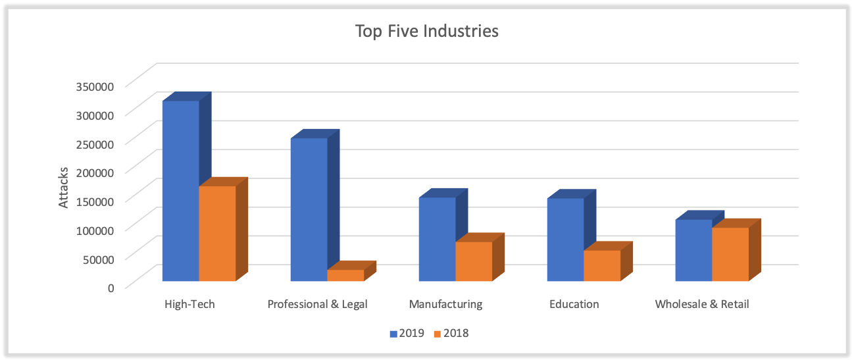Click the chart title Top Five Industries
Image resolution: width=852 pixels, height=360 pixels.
[x=426, y=31]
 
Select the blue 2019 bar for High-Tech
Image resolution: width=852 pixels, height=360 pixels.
[x=181, y=191]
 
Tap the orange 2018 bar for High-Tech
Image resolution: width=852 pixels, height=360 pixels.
[x=217, y=234]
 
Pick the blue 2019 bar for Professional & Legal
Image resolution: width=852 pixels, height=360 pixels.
[x=309, y=209]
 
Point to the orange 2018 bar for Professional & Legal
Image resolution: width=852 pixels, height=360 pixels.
[x=345, y=275]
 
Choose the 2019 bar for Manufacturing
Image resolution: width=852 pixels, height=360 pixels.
[x=438, y=239]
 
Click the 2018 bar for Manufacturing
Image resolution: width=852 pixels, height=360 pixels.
[x=474, y=261]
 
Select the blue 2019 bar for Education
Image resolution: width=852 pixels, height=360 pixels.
[x=566, y=240]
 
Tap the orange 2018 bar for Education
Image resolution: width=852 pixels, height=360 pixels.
[x=602, y=265]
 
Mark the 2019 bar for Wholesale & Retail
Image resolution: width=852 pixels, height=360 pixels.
[x=693, y=250]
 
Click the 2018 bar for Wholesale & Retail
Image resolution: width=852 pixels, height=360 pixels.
[x=730, y=254]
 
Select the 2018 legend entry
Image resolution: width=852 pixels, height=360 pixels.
[x=451, y=333]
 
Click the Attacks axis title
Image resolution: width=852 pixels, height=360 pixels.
[x=64, y=188]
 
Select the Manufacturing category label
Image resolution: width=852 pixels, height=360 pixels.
[x=445, y=304]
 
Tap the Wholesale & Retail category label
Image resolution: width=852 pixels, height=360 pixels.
[x=702, y=304]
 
